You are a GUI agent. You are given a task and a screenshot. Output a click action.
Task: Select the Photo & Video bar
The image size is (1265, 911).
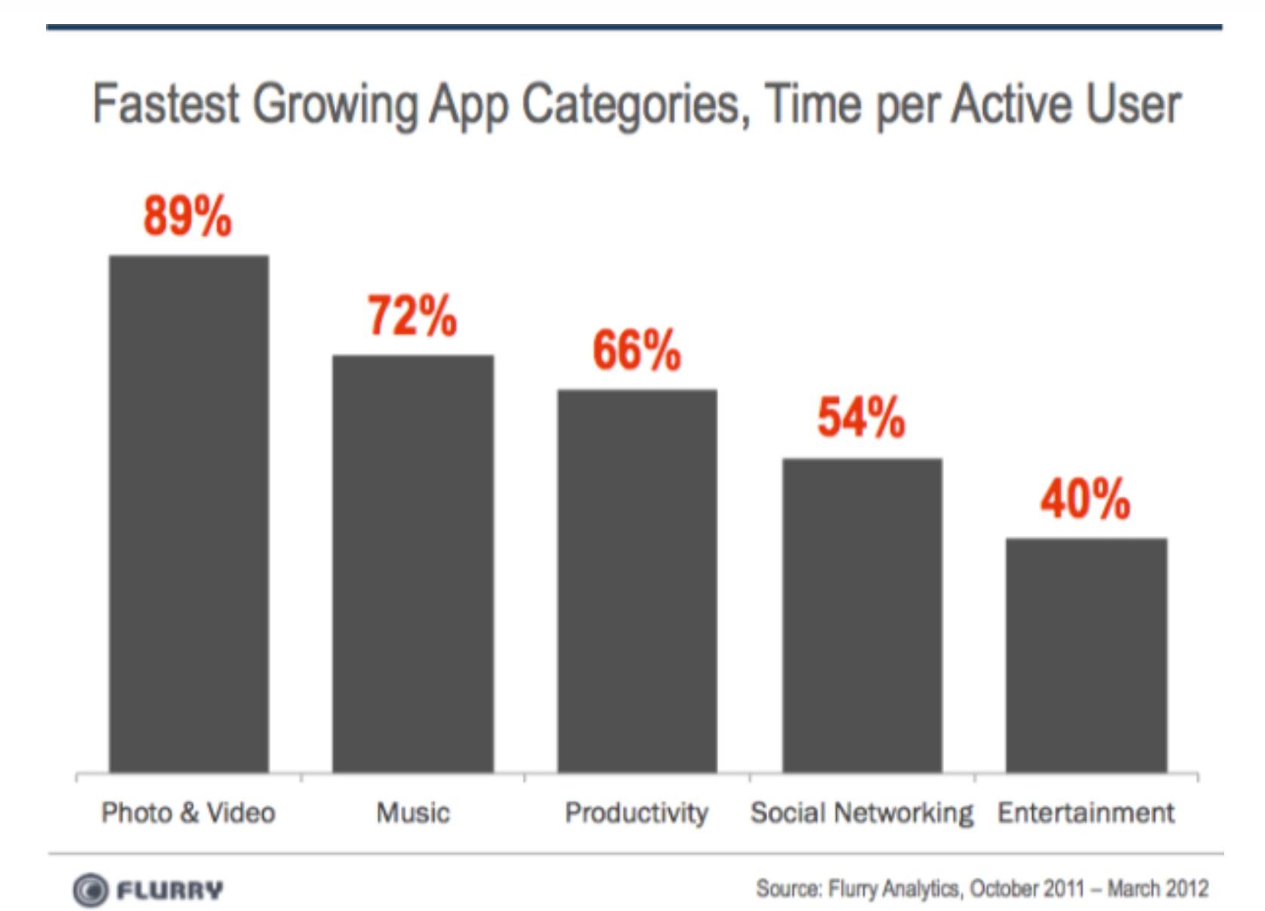[190, 514]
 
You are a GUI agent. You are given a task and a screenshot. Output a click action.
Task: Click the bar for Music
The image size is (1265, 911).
[413, 564]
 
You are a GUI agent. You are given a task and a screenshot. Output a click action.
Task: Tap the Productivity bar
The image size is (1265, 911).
[637, 581]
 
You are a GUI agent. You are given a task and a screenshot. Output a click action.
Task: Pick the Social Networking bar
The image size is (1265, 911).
[862, 615]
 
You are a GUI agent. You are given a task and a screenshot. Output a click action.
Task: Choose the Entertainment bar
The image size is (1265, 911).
[1087, 655]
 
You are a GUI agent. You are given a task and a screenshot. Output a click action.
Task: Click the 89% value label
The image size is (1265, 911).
[187, 216]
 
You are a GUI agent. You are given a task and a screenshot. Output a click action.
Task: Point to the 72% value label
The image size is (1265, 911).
[412, 315]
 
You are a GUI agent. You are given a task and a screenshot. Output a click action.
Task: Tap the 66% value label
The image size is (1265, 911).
[637, 350]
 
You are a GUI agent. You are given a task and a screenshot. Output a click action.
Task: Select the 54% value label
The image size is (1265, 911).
[861, 417]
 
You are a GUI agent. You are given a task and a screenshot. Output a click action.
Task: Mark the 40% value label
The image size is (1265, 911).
[1085, 499]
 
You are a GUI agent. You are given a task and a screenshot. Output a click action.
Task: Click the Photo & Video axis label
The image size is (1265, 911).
[188, 814]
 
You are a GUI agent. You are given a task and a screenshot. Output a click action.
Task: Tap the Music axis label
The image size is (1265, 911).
[413, 814]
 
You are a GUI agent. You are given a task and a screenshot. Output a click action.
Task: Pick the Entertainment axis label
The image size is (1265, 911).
[1086, 814]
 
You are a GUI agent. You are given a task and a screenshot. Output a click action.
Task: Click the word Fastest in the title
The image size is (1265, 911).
[166, 104]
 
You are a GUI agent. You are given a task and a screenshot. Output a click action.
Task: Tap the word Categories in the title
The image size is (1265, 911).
[637, 107]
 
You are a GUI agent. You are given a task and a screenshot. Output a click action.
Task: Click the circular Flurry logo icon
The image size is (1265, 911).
[90, 890]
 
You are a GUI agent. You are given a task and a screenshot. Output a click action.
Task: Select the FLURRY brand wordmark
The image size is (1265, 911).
[170, 890]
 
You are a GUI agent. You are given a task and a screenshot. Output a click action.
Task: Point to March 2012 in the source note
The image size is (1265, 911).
[1158, 889]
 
